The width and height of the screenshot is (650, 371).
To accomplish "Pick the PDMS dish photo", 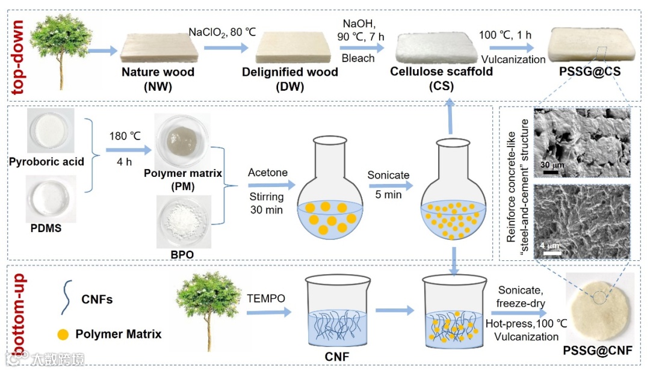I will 51,198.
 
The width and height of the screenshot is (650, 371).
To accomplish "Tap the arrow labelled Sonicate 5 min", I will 388,187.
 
